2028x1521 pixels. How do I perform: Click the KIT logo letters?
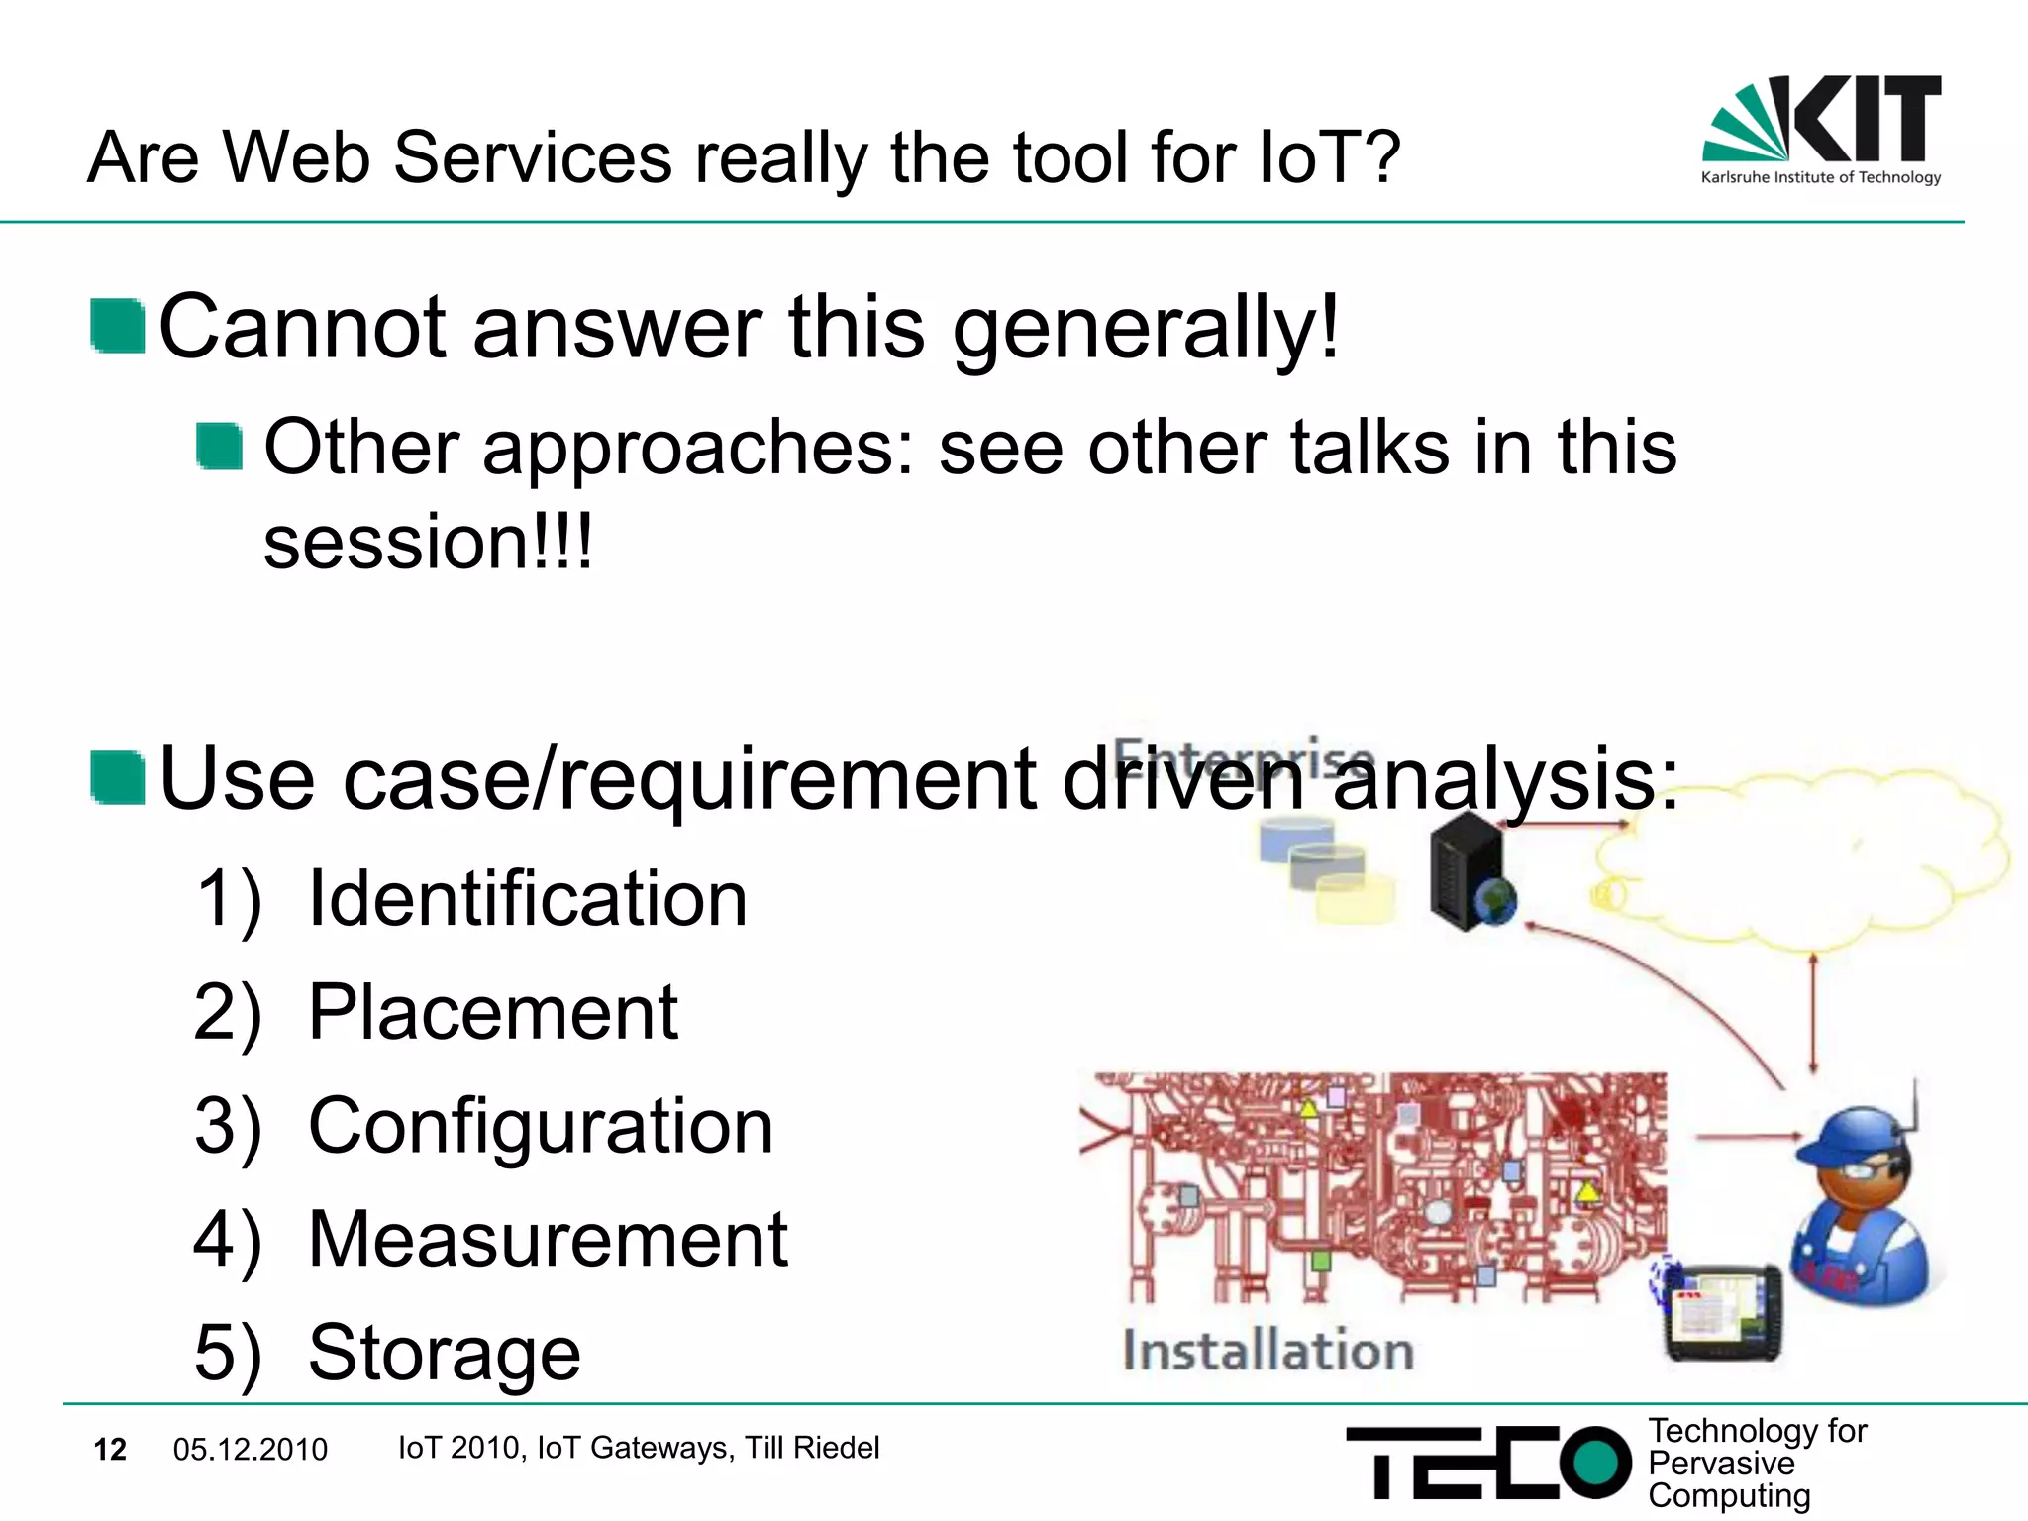click(1867, 119)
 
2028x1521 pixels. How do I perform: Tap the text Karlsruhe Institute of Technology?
click(1820, 178)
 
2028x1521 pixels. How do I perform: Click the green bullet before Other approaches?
click(219, 447)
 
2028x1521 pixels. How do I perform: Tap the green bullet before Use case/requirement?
click(118, 778)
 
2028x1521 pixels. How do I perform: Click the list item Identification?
click(527, 898)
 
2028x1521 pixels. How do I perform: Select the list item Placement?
click(492, 1012)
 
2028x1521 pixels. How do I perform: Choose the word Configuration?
click(540, 1126)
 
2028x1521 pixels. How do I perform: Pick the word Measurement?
click(548, 1240)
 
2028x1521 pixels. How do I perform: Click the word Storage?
click(445, 1353)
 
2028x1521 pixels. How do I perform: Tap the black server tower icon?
click(1468, 871)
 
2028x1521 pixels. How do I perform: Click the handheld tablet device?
click(1723, 1312)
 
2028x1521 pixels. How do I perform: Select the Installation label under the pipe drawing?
click(1267, 1351)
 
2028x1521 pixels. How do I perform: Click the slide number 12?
click(110, 1450)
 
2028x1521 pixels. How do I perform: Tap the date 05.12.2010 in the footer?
click(250, 1450)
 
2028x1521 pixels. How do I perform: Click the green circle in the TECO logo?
click(1594, 1463)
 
